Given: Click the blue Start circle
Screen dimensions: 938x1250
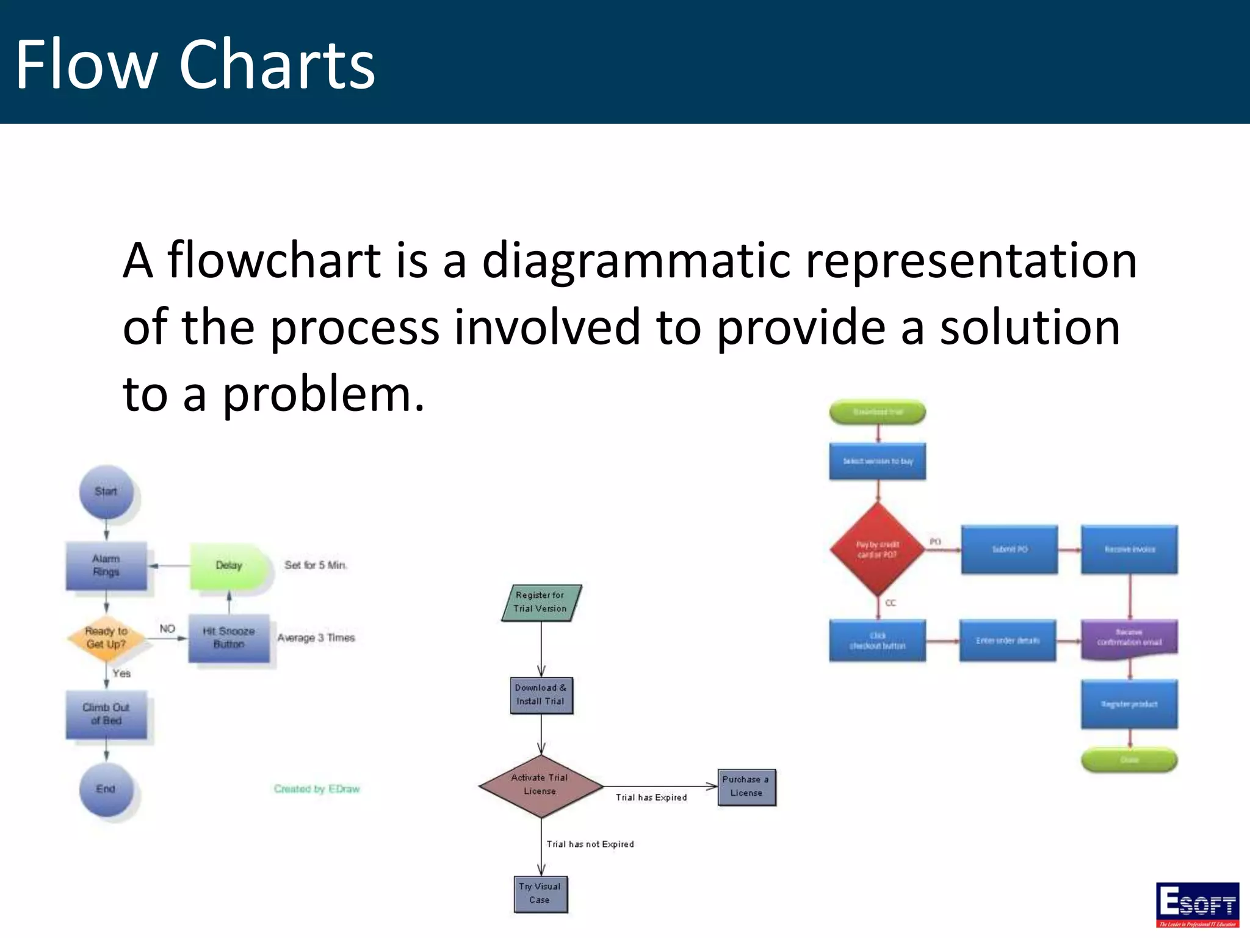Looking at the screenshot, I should [x=106, y=492].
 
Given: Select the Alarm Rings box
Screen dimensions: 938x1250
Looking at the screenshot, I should [x=106, y=565].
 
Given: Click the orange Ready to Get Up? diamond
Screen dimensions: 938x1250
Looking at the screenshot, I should [x=106, y=638].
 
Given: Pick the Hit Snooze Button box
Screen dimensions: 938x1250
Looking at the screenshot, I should [x=229, y=638].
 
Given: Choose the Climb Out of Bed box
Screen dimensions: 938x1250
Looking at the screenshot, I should [x=106, y=714].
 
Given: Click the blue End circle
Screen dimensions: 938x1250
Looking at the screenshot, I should [x=106, y=789].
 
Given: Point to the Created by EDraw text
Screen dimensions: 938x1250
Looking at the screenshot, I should [x=317, y=789].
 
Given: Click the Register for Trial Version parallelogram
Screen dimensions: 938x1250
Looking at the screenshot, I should [x=541, y=602].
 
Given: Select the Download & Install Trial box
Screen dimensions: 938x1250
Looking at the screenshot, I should [x=541, y=695].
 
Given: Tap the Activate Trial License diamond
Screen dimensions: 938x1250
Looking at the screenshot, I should [x=541, y=785].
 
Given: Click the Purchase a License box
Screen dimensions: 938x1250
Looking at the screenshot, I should [x=746, y=787].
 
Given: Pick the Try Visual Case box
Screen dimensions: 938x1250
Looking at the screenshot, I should [x=540, y=893].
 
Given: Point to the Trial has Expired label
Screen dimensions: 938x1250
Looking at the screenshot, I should [x=651, y=798].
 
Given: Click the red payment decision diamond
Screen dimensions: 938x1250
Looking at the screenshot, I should [x=878, y=550].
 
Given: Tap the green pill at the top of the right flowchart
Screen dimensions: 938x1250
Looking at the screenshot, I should [x=878, y=412].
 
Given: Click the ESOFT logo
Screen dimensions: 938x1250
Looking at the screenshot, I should [x=1197, y=904].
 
